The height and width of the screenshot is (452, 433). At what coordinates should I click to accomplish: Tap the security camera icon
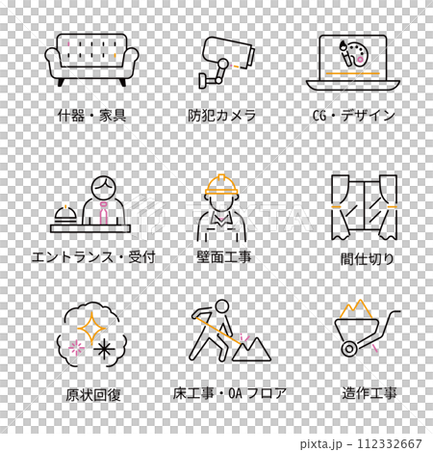click(223, 60)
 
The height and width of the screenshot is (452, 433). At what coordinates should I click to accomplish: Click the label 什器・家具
click(91, 116)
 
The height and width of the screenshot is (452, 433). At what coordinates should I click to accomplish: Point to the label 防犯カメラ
click(222, 116)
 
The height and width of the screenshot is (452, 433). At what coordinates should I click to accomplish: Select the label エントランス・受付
click(92, 257)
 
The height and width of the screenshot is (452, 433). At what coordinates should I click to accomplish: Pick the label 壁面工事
click(222, 257)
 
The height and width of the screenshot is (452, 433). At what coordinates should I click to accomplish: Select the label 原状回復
click(92, 395)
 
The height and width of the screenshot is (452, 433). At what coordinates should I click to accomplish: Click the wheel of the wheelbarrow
click(348, 345)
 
